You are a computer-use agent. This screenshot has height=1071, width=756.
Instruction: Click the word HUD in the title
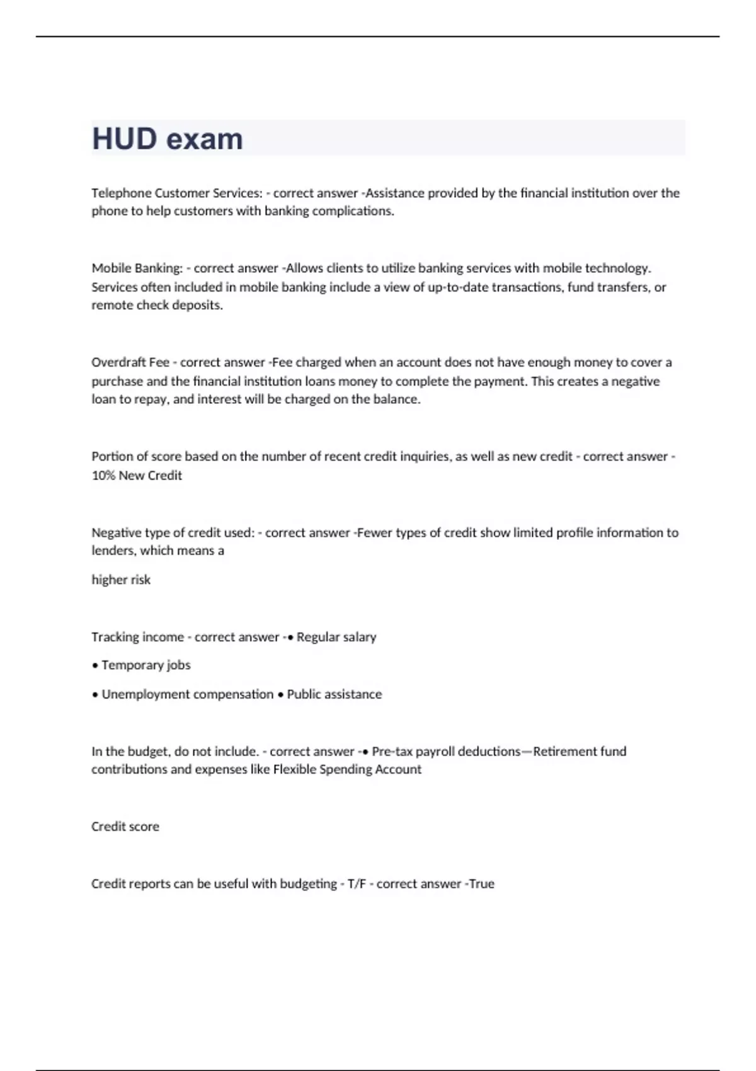tap(124, 139)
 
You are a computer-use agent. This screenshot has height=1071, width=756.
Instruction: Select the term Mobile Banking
tap(137, 268)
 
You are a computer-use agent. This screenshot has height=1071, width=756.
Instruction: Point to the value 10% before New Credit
tap(103, 476)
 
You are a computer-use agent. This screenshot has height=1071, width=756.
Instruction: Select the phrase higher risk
tap(121, 580)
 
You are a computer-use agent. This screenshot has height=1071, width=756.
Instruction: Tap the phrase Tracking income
tap(137, 637)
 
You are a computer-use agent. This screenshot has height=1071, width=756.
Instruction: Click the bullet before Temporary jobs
tap(94, 665)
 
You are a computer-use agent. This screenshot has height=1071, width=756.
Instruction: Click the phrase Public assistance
tap(334, 694)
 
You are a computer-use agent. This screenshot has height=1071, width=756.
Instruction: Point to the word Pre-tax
tap(392, 751)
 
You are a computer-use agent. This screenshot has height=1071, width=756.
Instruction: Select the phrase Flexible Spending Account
tap(347, 769)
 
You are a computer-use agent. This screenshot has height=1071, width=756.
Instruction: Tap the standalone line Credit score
tap(125, 827)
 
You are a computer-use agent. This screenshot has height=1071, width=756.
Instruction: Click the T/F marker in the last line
tap(357, 884)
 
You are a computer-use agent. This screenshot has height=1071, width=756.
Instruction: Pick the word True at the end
tap(481, 884)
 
